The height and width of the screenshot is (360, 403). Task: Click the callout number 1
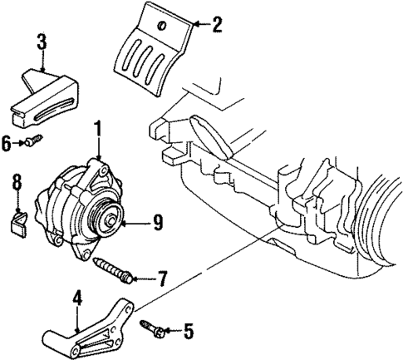click(x=97, y=129)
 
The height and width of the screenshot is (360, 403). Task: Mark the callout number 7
click(x=162, y=277)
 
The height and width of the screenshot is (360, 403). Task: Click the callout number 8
click(x=15, y=180)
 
